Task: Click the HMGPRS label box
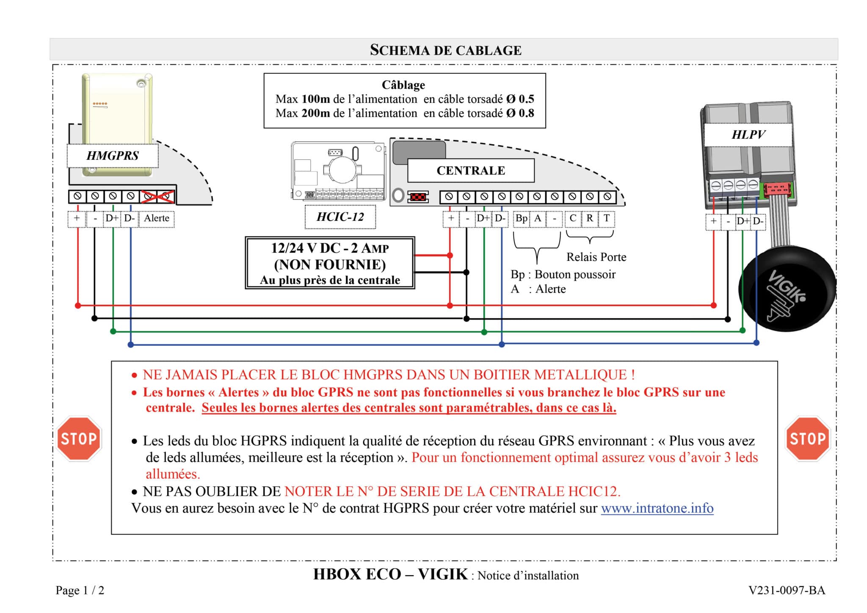(x=113, y=155)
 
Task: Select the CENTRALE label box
(x=470, y=170)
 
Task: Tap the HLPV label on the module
(x=748, y=135)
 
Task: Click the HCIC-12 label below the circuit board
(x=340, y=217)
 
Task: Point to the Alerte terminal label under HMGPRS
(x=157, y=218)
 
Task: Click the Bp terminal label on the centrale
(x=521, y=218)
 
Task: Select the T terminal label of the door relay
(x=606, y=218)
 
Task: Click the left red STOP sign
(x=79, y=439)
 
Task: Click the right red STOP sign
(x=807, y=439)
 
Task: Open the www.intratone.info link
(x=657, y=508)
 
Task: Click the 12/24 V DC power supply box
(x=330, y=263)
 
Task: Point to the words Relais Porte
(x=596, y=257)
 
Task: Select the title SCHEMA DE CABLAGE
(x=445, y=50)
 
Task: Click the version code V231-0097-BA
(x=787, y=590)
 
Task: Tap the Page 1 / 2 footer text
(x=80, y=590)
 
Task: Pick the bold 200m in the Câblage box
(x=315, y=113)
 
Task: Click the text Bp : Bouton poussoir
(x=563, y=275)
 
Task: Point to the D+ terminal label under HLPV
(x=743, y=221)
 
